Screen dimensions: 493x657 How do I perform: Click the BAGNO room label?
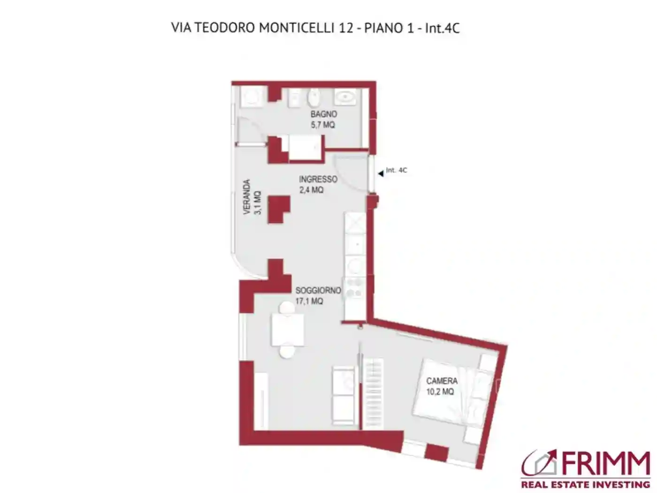point(323,114)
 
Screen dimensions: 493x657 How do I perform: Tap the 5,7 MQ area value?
point(323,125)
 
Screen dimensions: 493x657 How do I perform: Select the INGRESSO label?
point(318,179)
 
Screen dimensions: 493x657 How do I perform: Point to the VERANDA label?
point(247,197)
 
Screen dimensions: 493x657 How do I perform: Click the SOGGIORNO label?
point(318,291)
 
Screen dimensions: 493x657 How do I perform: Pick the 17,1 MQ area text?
point(309,301)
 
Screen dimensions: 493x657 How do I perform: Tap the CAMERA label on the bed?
point(442,381)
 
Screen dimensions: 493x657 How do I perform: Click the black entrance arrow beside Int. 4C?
point(381,174)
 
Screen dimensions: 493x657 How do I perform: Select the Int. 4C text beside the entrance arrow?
point(397,170)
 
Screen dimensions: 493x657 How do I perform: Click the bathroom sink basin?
point(344,98)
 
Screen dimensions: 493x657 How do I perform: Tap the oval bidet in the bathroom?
point(313,98)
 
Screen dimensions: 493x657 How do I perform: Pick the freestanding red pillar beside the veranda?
point(277,208)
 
